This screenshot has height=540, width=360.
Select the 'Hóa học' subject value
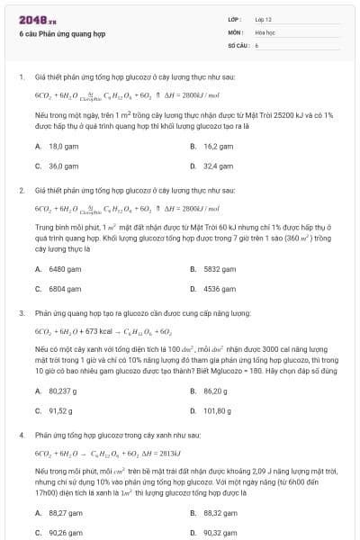tap(265, 31)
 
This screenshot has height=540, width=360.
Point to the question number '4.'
tap(21, 435)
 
